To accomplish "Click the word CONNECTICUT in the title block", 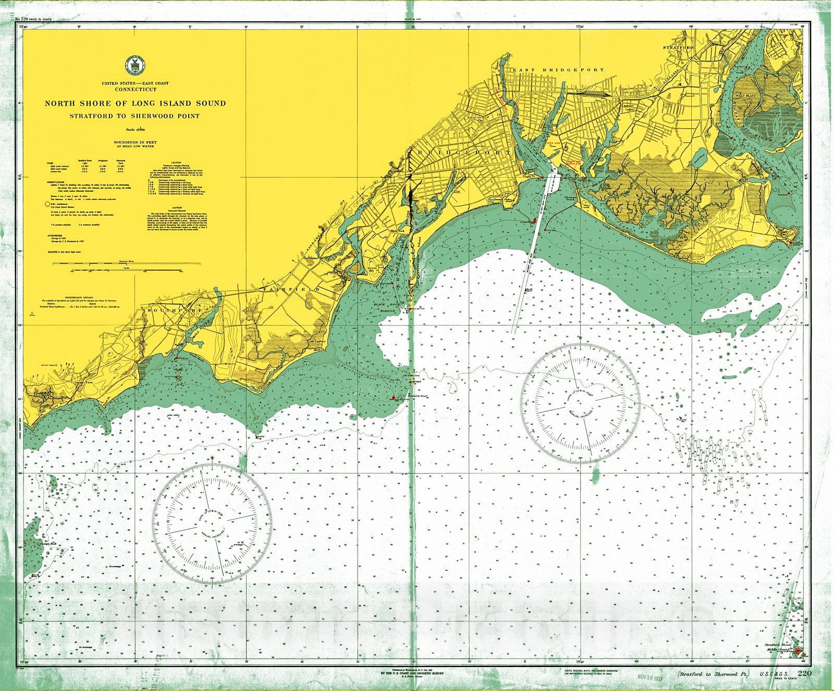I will (x=136, y=90).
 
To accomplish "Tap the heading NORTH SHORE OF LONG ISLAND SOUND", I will (x=136, y=103).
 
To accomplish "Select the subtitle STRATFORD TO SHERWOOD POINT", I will (x=135, y=116).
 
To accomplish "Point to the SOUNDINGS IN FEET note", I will (x=135, y=142).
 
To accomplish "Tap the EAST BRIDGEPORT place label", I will (x=557, y=70).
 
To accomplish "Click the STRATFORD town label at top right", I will (x=678, y=47).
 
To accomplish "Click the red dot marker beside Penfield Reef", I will (x=393, y=398).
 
